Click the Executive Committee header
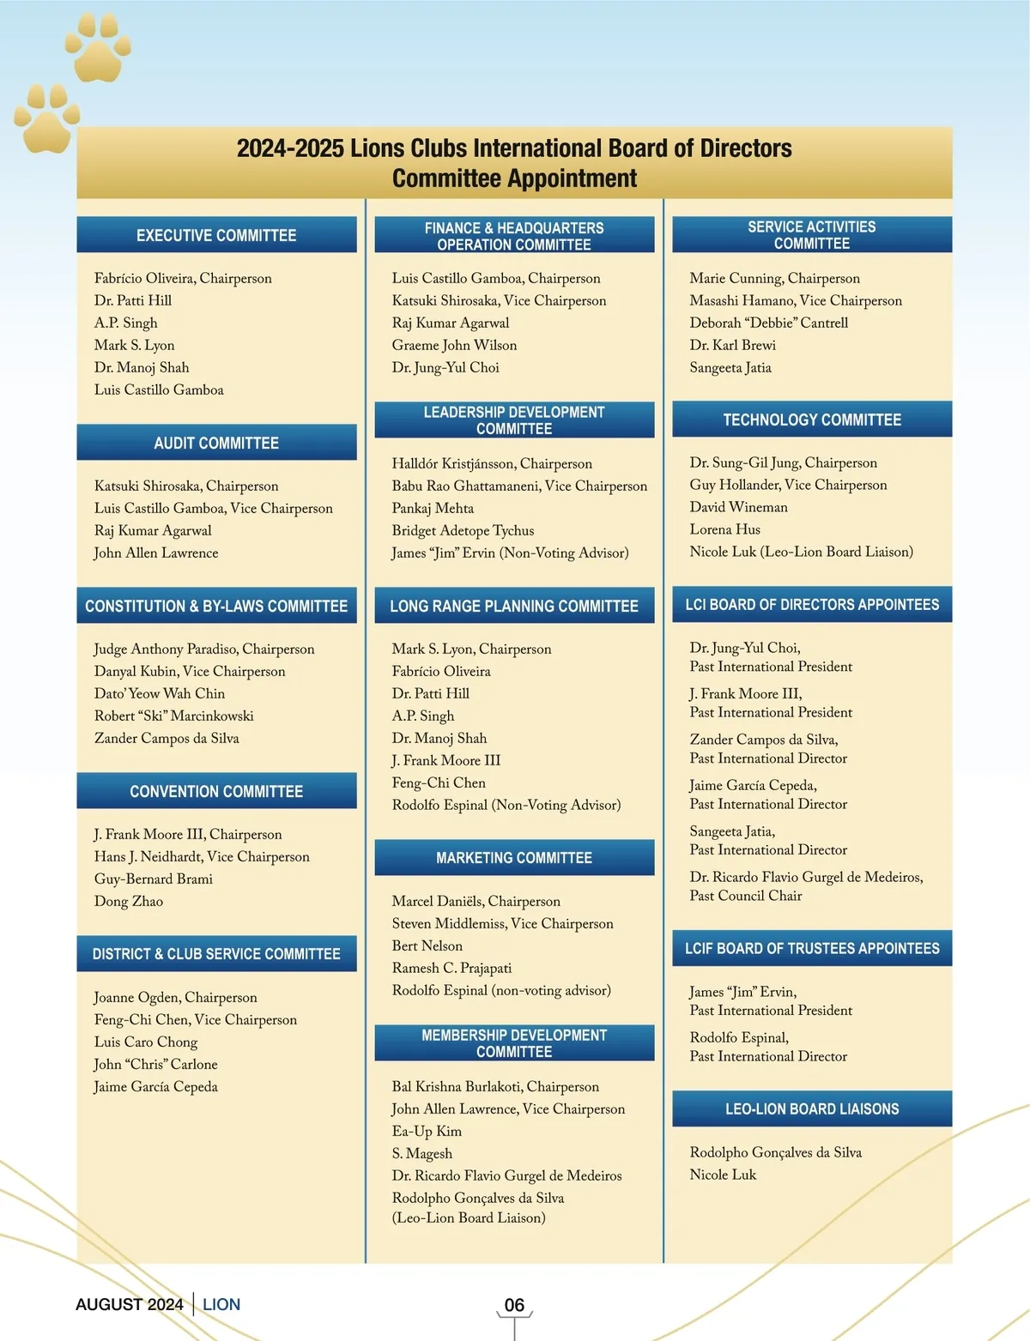(x=216, y=235)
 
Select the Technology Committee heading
(x=812, y=420)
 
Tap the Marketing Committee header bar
(x=514, y=858)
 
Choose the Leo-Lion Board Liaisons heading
(x=812, y=1108)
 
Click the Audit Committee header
(x=216, y=443)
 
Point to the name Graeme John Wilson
(x=454, y=345)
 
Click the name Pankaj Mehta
(x=433, y=508)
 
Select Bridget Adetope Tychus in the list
(x=463, y=530)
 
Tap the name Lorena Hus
(x=724, y=529)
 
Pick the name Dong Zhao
(x=129, y=901)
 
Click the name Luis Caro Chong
(x=146, y=1042)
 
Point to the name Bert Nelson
(x=427, y=945)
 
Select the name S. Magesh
(x=421, y=1153)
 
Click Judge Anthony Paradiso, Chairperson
(x=204, y=649)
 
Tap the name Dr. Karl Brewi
(x=732, y=345)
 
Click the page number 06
(x=514, y=1305)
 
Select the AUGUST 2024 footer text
(x=130, y=1304)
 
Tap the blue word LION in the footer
(x=221, y=1304)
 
